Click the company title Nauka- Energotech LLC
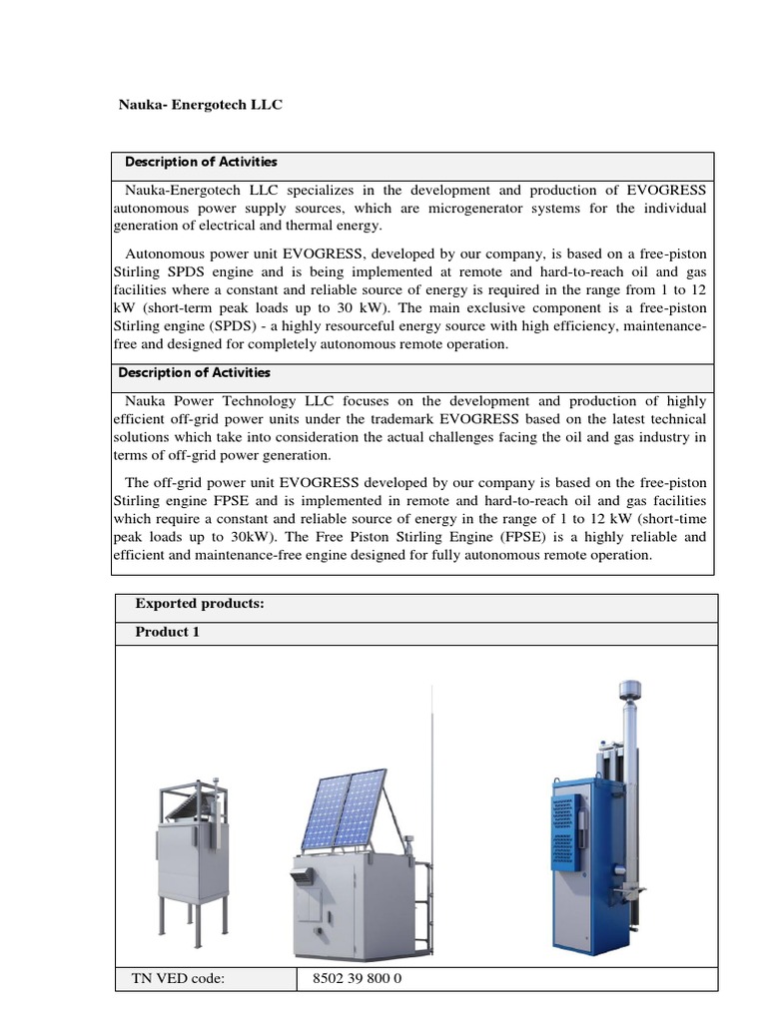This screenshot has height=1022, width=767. [x=201, y=104]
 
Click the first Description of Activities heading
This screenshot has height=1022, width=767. [x=200, y=162]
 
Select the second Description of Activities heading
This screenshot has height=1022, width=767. [x=195, y=373]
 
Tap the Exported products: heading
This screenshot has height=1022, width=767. [x=199, y=604]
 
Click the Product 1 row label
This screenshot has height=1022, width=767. [x=167, y=632]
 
